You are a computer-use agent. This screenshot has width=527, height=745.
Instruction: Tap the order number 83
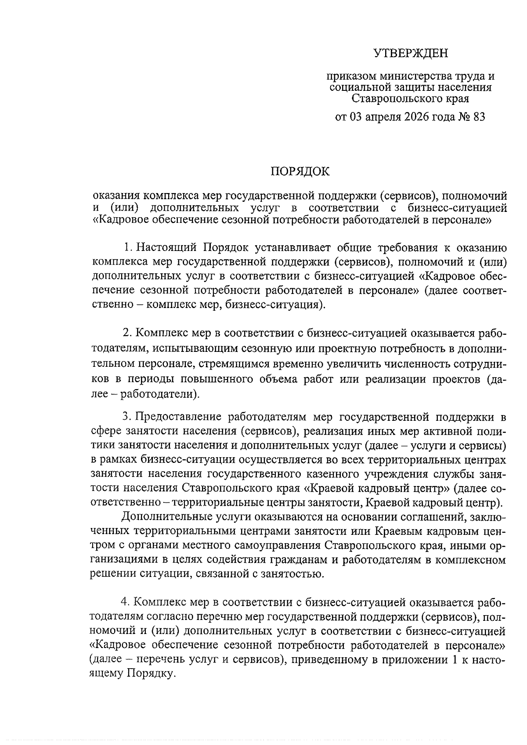[479, 117]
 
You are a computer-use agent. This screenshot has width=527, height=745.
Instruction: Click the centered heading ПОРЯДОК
[300, 172]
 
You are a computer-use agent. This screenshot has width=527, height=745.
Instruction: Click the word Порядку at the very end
[152, 673]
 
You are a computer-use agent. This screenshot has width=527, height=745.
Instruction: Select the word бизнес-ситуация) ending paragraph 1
[276, 304]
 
